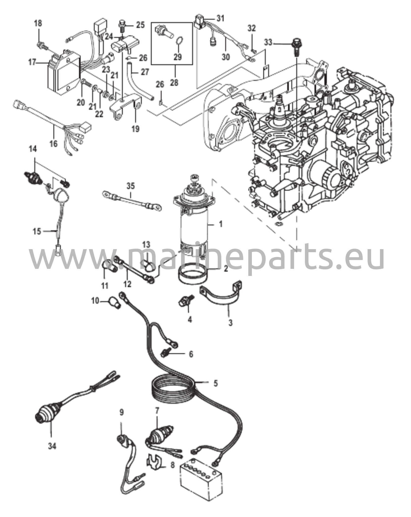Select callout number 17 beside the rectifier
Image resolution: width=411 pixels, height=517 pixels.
(32, 62)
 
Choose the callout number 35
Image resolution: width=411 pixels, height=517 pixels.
(131, 187)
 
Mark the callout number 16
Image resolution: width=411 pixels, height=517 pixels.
(54, 143)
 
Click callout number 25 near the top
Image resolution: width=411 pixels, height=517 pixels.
(140, 25)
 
